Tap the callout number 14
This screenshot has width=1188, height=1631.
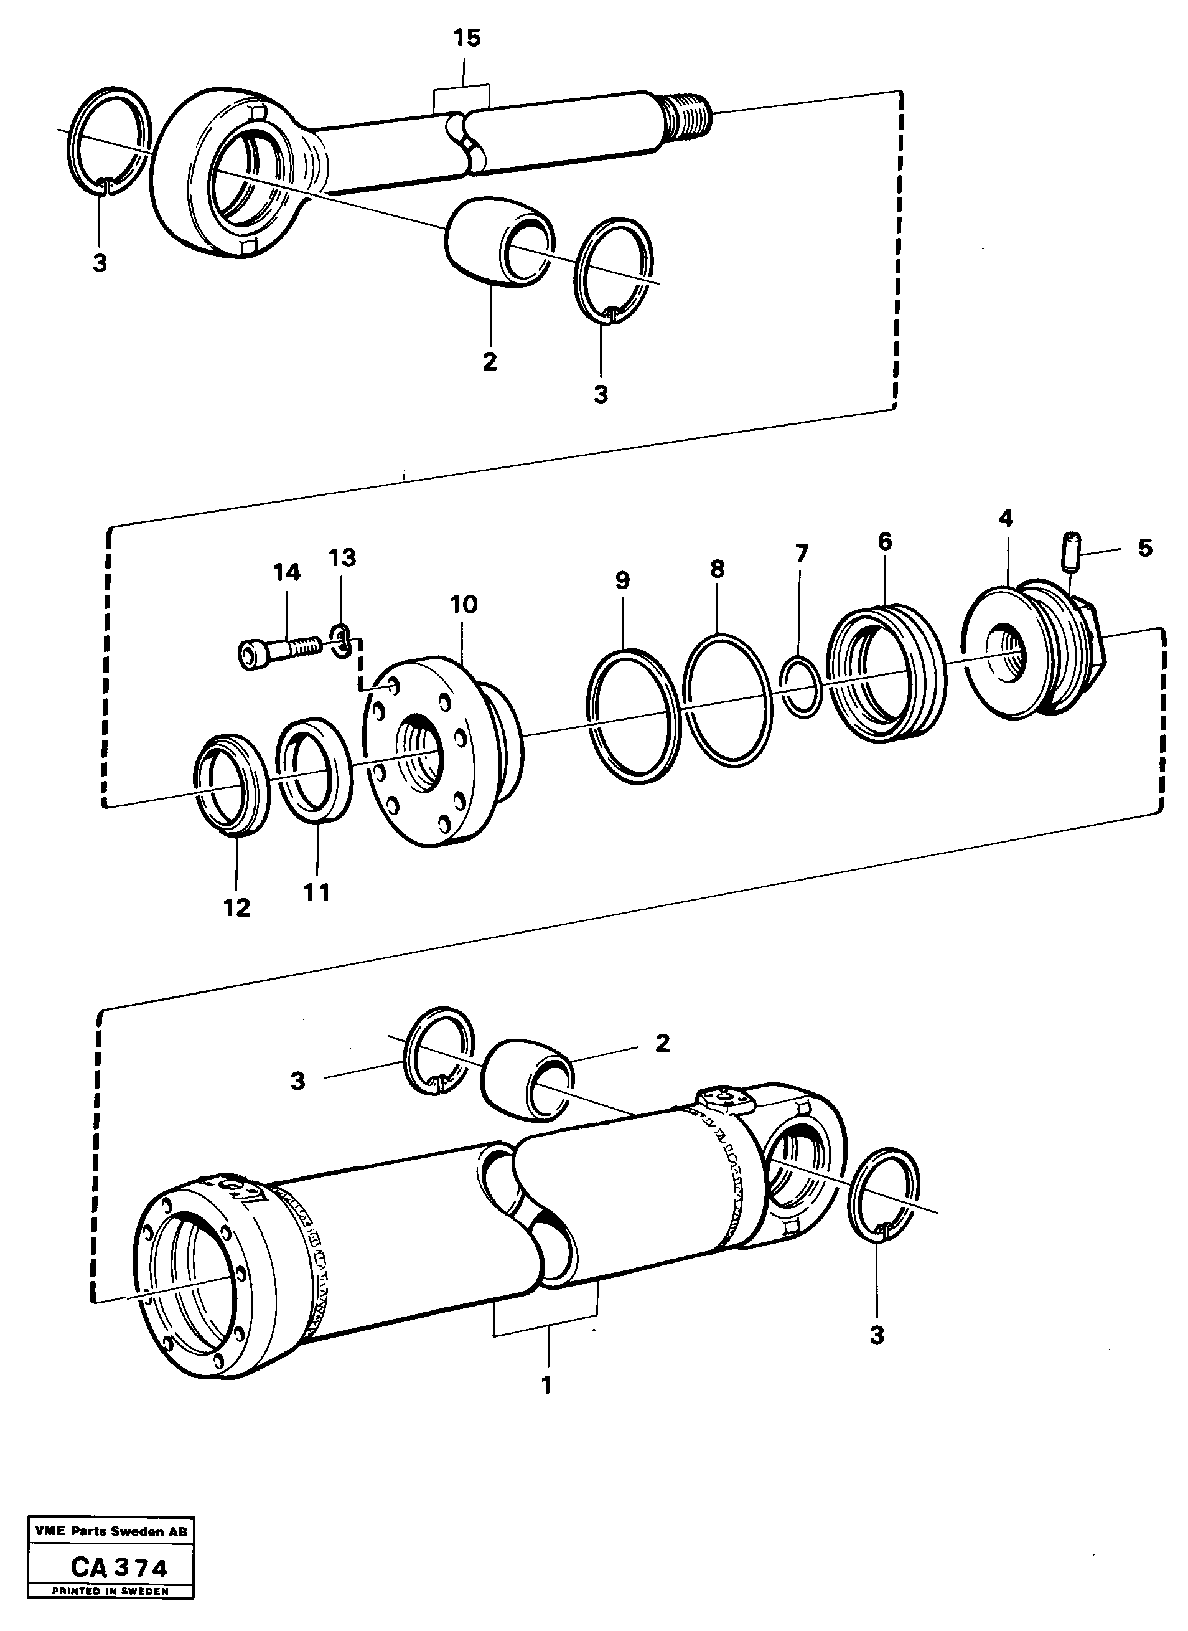[x=286, y=573]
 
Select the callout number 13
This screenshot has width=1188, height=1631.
[x=342, y=557]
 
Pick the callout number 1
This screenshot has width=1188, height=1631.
[x=546, y=1385]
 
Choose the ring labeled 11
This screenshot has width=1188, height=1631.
[x=315, y=768]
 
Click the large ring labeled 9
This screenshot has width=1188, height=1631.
[x=634, y=714]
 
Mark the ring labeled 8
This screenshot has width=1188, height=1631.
[x=727, y=698]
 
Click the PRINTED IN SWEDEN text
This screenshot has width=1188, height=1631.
[x=110, y=1591]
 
